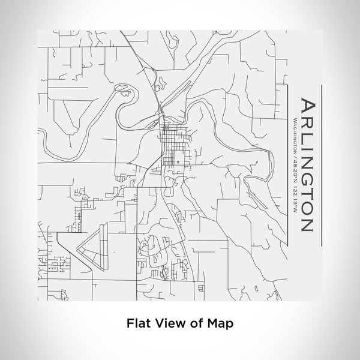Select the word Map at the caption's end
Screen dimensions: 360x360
point(220,323)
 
